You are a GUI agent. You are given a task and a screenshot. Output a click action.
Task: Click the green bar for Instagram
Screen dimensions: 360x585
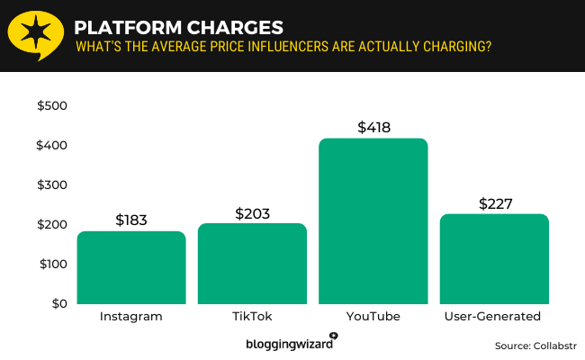[x=131, y=267]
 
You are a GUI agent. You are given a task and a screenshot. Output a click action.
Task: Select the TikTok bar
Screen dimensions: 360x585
[x=252, y=264]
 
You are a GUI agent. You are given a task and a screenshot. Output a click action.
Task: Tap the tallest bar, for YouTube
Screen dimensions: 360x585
[x=373, y=221]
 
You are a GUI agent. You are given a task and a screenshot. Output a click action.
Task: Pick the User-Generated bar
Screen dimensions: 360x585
[x=494, y=259]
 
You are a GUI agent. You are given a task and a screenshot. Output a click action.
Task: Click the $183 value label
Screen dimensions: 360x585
[x=131, y=220]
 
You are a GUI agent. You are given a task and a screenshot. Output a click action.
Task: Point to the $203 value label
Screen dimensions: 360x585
[x=252, y=213]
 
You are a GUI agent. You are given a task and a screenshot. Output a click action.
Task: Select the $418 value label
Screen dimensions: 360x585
[x=373, y=127]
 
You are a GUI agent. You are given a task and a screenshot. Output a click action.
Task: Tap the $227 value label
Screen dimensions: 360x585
[x=494, y=203]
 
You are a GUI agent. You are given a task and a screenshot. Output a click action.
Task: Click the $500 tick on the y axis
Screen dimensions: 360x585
[x=51, y=106]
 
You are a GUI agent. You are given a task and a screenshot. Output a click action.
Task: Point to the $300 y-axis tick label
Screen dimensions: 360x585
[x=51, y=185]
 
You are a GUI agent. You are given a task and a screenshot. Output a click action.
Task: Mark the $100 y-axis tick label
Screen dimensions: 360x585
[x=51, y=265]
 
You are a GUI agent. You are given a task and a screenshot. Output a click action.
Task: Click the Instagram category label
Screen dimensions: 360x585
[x=131, y=317]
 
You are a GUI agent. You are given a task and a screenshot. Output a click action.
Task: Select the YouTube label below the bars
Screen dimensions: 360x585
[x=373, y=317]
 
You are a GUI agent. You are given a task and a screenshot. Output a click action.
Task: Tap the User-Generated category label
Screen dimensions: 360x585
[x=494, y=317]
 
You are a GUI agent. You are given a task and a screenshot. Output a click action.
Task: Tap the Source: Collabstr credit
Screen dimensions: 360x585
[x=535, y=345]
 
